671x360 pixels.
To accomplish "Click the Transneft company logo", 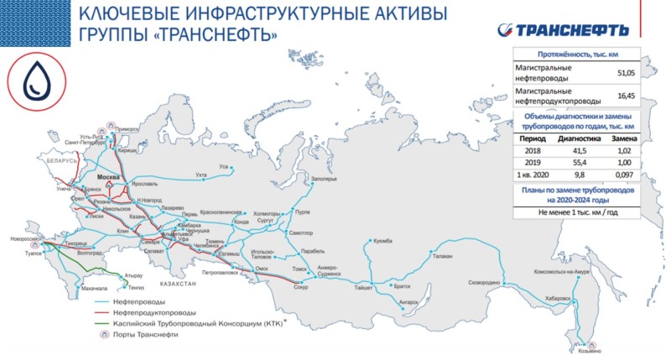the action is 573,29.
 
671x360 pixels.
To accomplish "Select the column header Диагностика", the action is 575,137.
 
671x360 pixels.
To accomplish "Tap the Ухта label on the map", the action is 200,175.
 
